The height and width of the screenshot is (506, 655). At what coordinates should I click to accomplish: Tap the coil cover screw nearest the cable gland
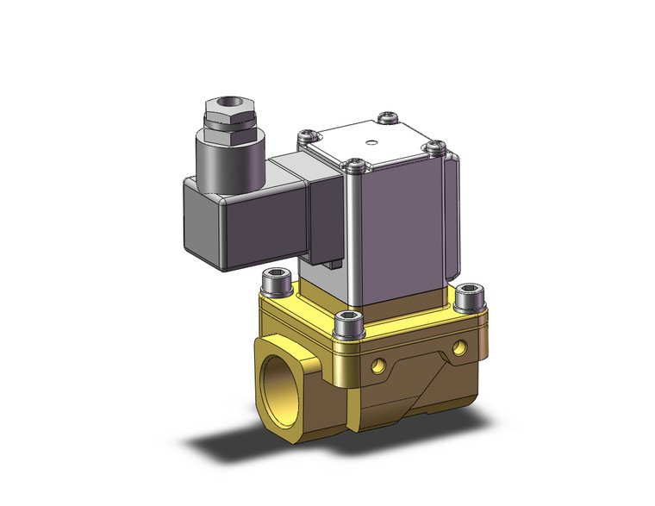click(303, 135)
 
